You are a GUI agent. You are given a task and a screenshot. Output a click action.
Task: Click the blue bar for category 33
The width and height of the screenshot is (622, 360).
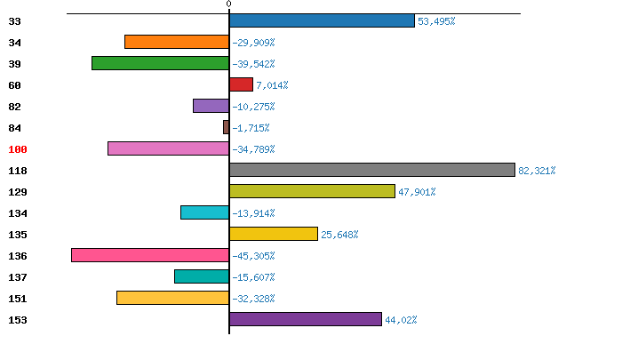click(x=322, y=20)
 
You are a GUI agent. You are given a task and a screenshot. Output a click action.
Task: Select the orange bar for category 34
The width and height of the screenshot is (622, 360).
click(x=177, y=42)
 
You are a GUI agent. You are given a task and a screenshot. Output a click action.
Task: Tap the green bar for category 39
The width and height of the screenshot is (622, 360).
click(x=160, y=63)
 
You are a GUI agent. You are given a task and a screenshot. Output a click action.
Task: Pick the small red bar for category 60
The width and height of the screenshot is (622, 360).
click(x=241, y=84)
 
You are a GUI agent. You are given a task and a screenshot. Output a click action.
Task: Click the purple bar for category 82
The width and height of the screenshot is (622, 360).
click(x=211, y=106)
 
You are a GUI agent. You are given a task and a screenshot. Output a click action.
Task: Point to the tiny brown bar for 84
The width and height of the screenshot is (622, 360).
click(x=226, y=127)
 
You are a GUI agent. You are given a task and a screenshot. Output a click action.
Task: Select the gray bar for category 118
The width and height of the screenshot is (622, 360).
click(x=371, y=170)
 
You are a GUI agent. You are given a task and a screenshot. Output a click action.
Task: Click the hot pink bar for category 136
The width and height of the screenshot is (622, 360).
click(x=150, y=255)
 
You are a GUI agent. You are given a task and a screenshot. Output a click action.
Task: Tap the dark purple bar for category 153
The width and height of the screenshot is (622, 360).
click(x=305, y=319)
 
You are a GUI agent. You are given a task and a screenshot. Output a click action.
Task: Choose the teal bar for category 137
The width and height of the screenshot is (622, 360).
click(x=202, y=276)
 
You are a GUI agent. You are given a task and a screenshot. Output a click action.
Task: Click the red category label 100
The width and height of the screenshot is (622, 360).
click(x=18, y=149)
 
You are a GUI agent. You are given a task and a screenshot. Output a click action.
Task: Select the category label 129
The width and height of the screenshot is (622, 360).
click(x=18, y=192)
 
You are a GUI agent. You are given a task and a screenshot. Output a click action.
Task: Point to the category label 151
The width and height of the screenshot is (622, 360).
click(x=18, y=299)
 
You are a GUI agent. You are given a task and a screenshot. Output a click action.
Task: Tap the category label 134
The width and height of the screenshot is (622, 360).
click(x=18, y=213)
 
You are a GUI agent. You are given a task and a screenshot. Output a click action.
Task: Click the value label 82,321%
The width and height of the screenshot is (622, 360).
click(x=537, y=171)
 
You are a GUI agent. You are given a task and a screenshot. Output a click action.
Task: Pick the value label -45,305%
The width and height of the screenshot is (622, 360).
click(x=253, y=256)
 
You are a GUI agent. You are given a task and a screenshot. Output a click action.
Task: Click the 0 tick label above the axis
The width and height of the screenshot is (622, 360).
click(x=228, y=4)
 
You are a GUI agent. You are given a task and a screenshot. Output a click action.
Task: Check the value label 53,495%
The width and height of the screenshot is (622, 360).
click(x=436, y=21)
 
